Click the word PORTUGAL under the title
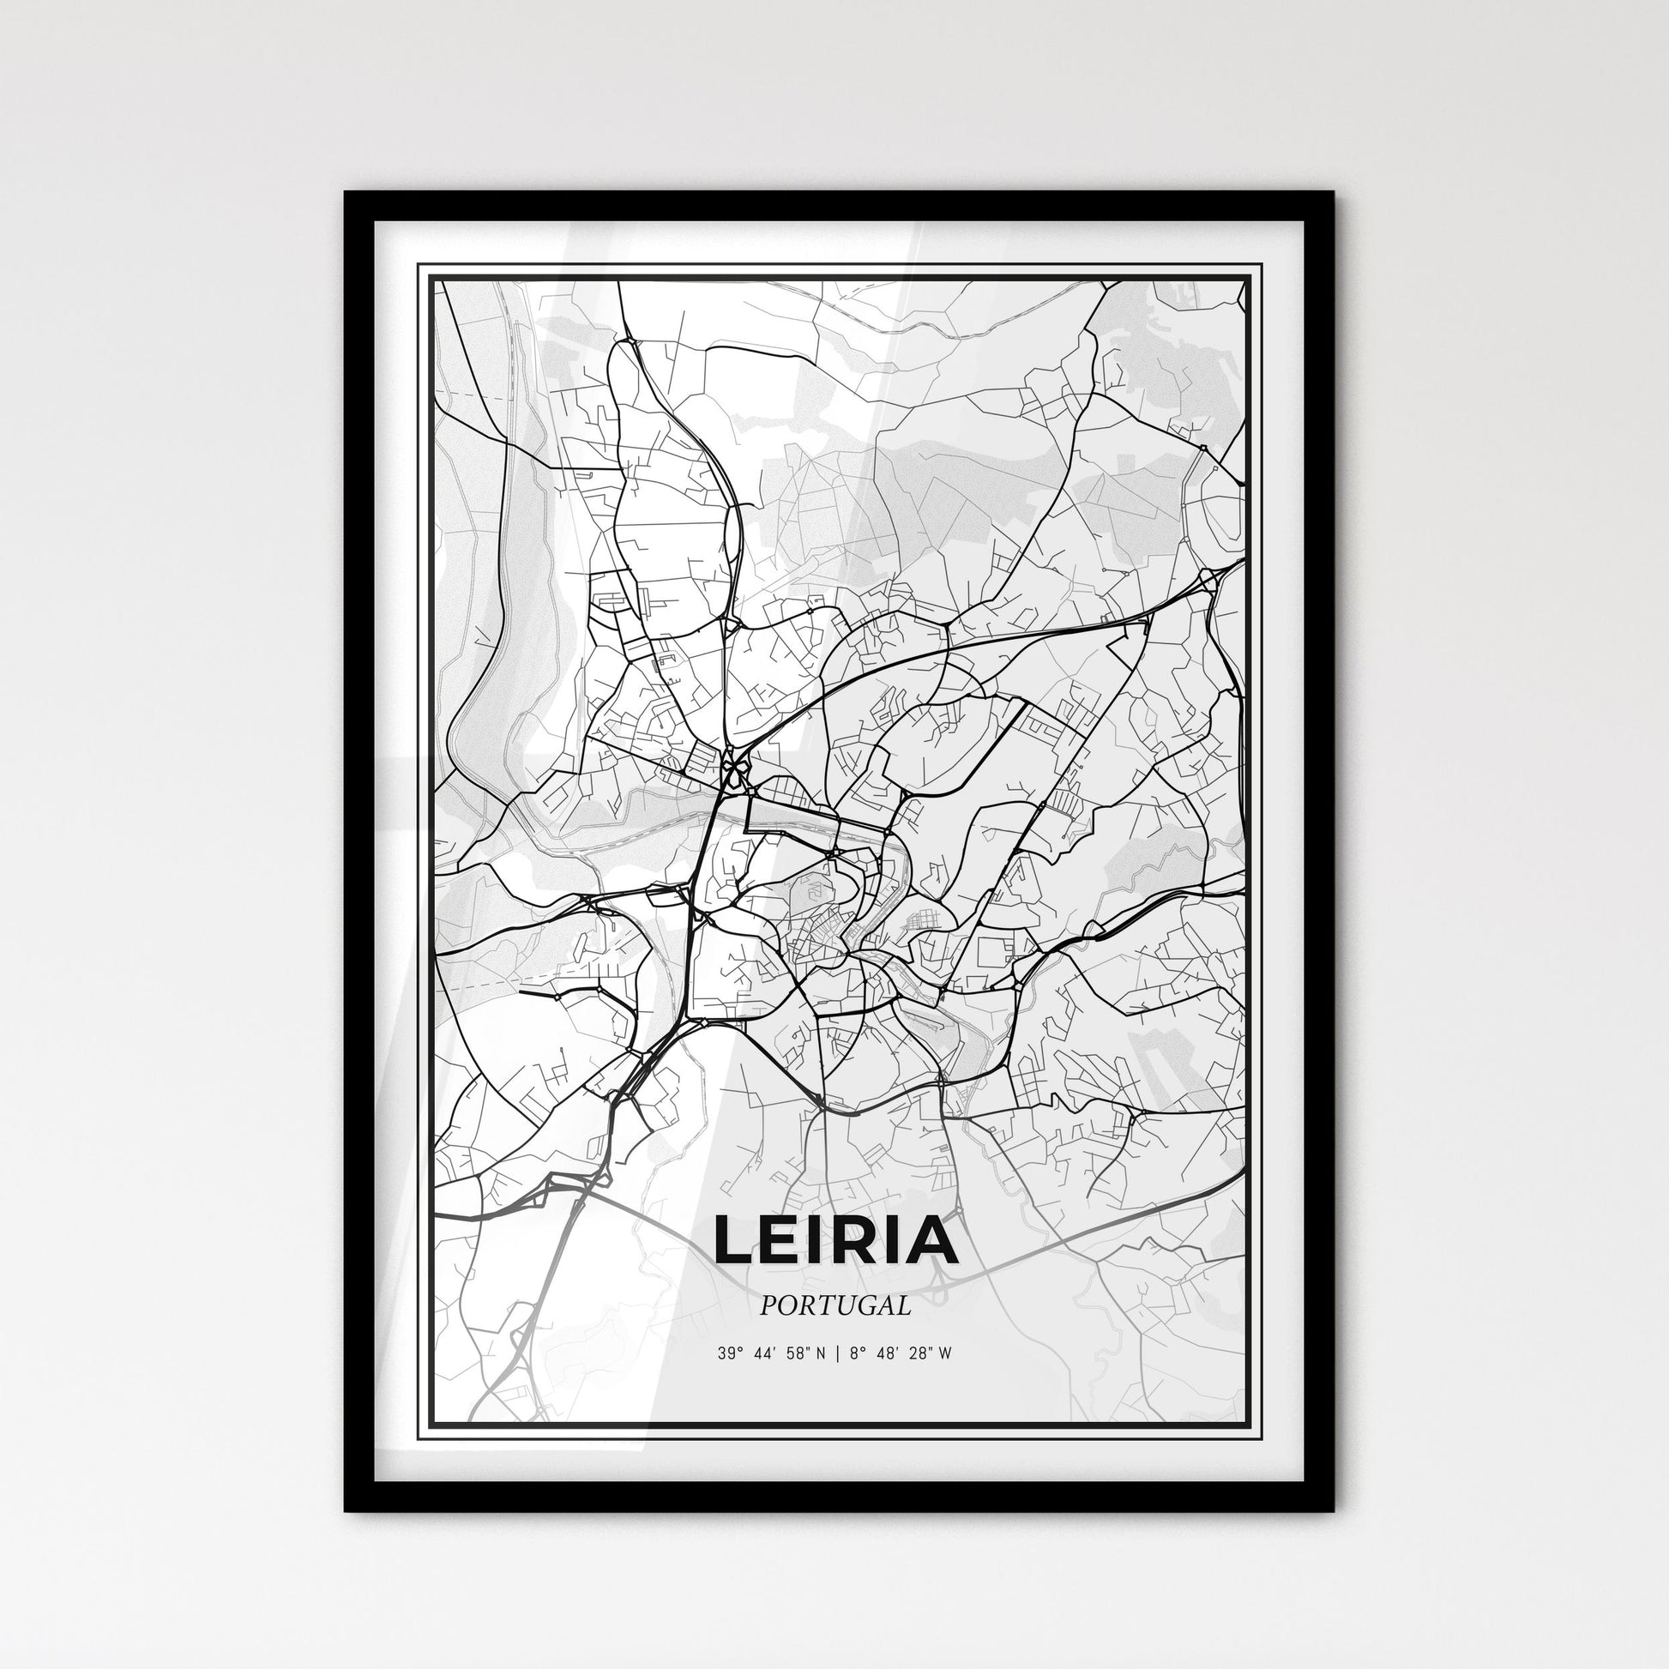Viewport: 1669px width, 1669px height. tap(835, 1306)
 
